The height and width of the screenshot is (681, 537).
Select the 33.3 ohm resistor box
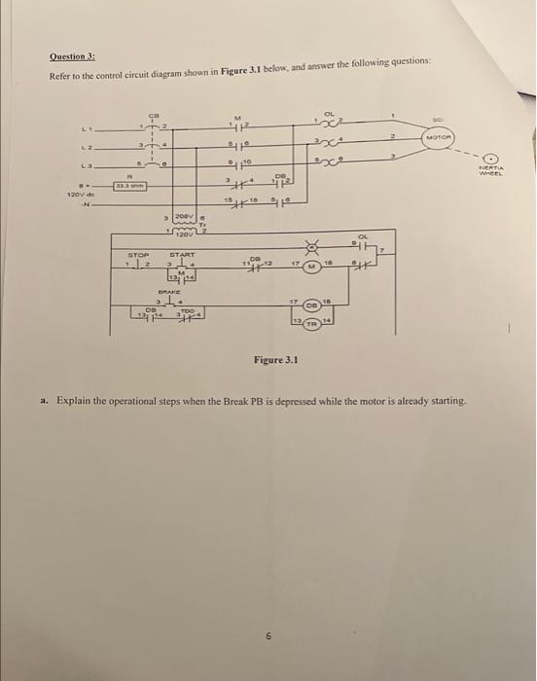tap(129, 184)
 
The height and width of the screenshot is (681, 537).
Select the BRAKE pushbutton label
tap(183, 290)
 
